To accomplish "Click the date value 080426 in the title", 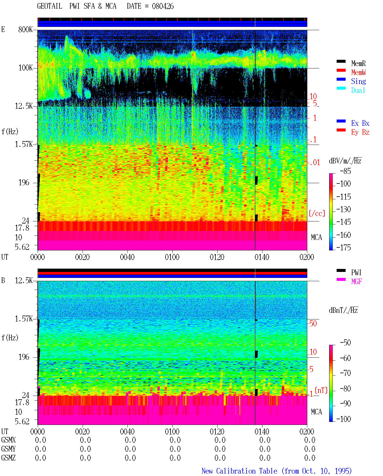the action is coord(163,6).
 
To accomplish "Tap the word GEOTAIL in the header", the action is coord(50,6).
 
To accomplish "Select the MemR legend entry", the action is coord(358,63).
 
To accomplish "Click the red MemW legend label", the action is coord(358,72).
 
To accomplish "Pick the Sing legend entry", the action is coord(358,81).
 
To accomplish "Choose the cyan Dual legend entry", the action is coord(358,90).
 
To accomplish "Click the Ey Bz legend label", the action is coord(360,132).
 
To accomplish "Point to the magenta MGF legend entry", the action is coord(356,281).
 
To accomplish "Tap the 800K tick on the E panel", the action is coord(25,29).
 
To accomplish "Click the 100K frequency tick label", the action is coord(25,68).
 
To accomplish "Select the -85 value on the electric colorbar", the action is coord(345,171).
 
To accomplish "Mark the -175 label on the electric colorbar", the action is coord(344,247).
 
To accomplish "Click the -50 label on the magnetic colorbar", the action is coord(345,343).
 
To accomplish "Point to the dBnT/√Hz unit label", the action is coord(343,310).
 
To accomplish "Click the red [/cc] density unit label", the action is coord(317,213).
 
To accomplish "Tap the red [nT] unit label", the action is coord(321,390).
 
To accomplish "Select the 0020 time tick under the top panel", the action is coord(82,257).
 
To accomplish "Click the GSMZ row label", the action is coord(8,458).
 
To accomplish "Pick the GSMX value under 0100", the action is coord(175,440).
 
